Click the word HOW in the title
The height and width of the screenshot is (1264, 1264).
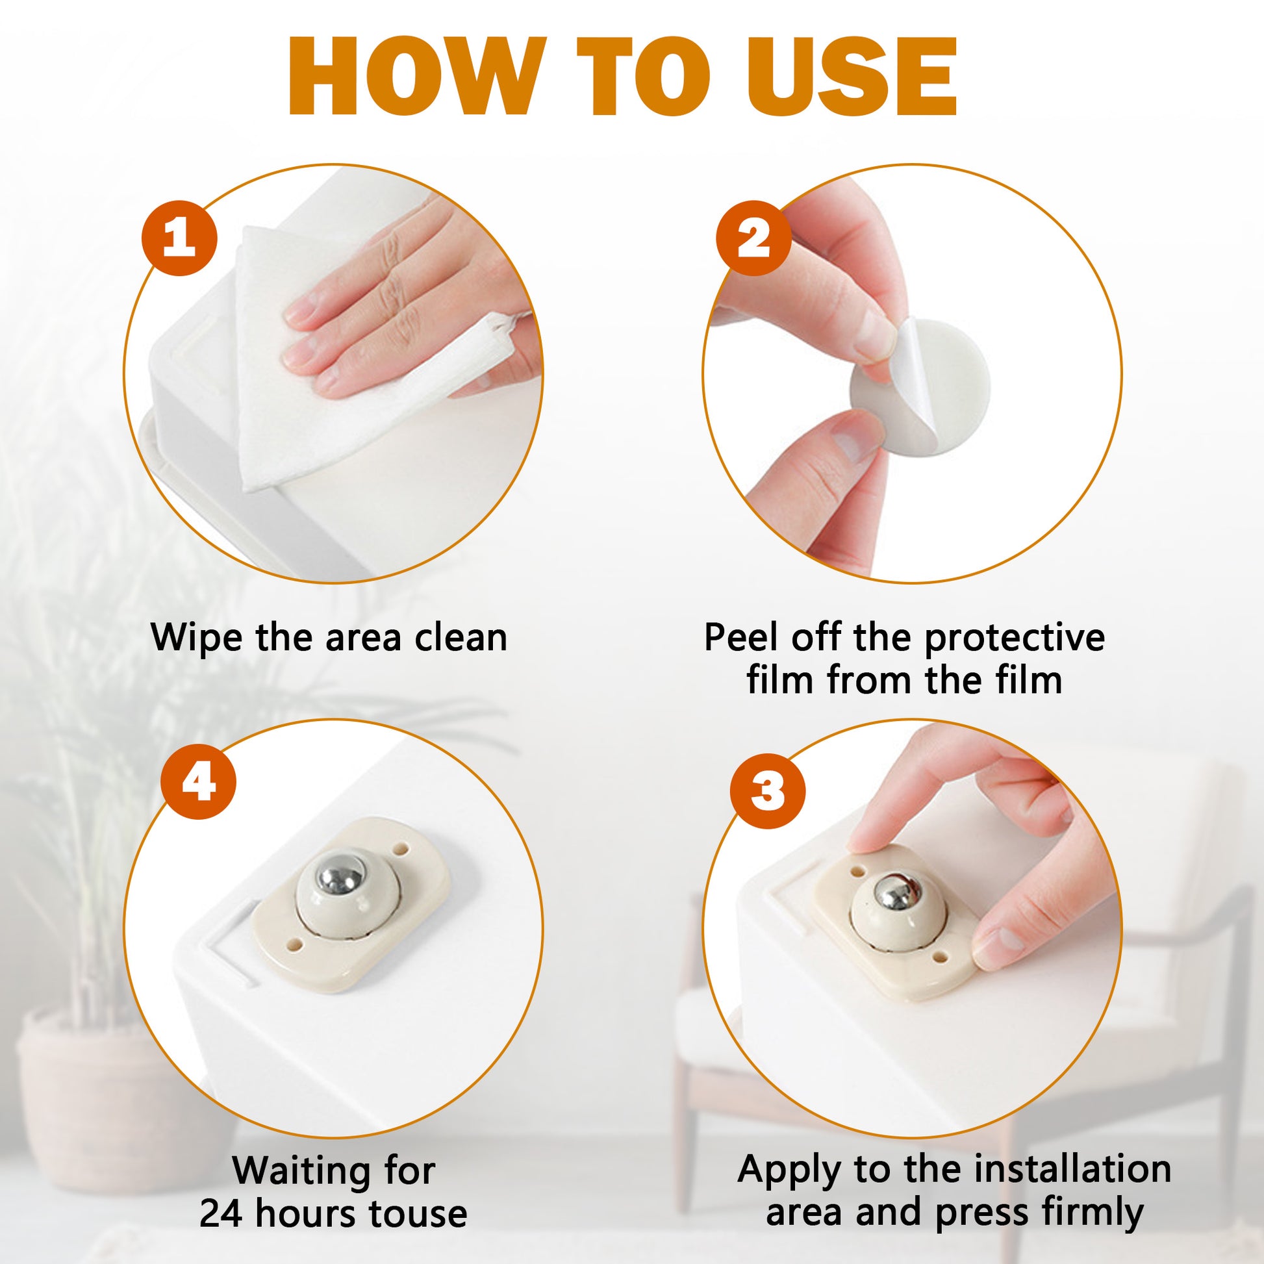[x=418, y=77]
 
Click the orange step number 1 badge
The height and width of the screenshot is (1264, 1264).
[x=179, y=238]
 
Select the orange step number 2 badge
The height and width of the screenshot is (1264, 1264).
[x=753, y=238]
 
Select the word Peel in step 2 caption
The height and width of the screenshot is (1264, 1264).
[x=742, y=637]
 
